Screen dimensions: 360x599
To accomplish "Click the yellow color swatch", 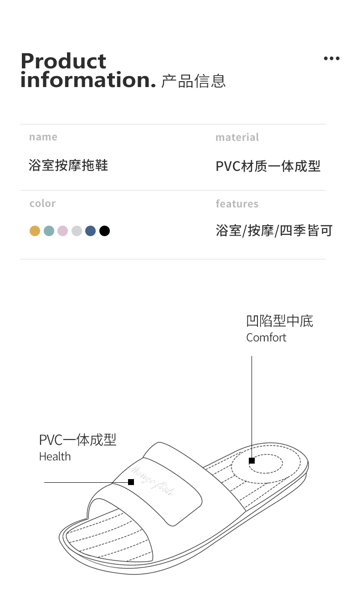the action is pos(35,231).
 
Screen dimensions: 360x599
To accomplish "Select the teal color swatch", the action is pos(49,231).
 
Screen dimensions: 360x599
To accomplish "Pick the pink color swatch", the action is pos(62,231).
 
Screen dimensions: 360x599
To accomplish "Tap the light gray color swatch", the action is pos(77,231).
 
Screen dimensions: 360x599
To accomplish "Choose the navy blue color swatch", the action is pos(91,231).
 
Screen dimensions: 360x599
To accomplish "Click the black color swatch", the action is pos(104,231).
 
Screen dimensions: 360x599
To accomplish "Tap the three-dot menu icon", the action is pos(331,58).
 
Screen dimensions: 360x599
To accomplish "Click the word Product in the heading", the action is pos(63,62).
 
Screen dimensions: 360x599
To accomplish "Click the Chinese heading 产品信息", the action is pos(194,81).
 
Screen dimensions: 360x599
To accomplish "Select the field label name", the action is pos(43,137).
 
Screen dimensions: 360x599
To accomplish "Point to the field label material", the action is pos(237,137).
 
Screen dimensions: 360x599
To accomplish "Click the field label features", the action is pos(237,204).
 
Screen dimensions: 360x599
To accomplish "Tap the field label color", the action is pos(42,203).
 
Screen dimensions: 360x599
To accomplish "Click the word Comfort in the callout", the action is pos(266,338).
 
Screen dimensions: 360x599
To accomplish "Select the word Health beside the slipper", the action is pos(55,456).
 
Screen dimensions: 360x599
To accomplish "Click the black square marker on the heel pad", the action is pos(252,461).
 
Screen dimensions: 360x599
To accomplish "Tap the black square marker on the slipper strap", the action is pos(131,482).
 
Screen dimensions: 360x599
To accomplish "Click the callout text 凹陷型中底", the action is pos(279,321).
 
